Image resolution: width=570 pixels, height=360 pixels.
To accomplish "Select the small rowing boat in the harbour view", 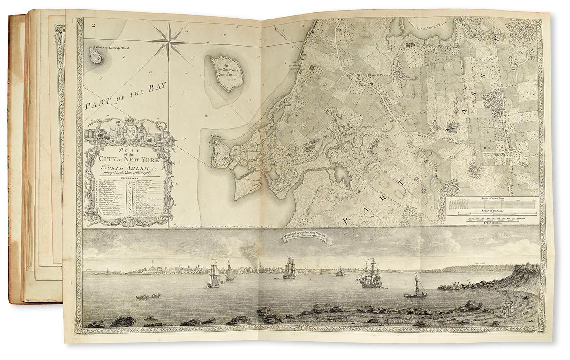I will pos(148,296).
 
